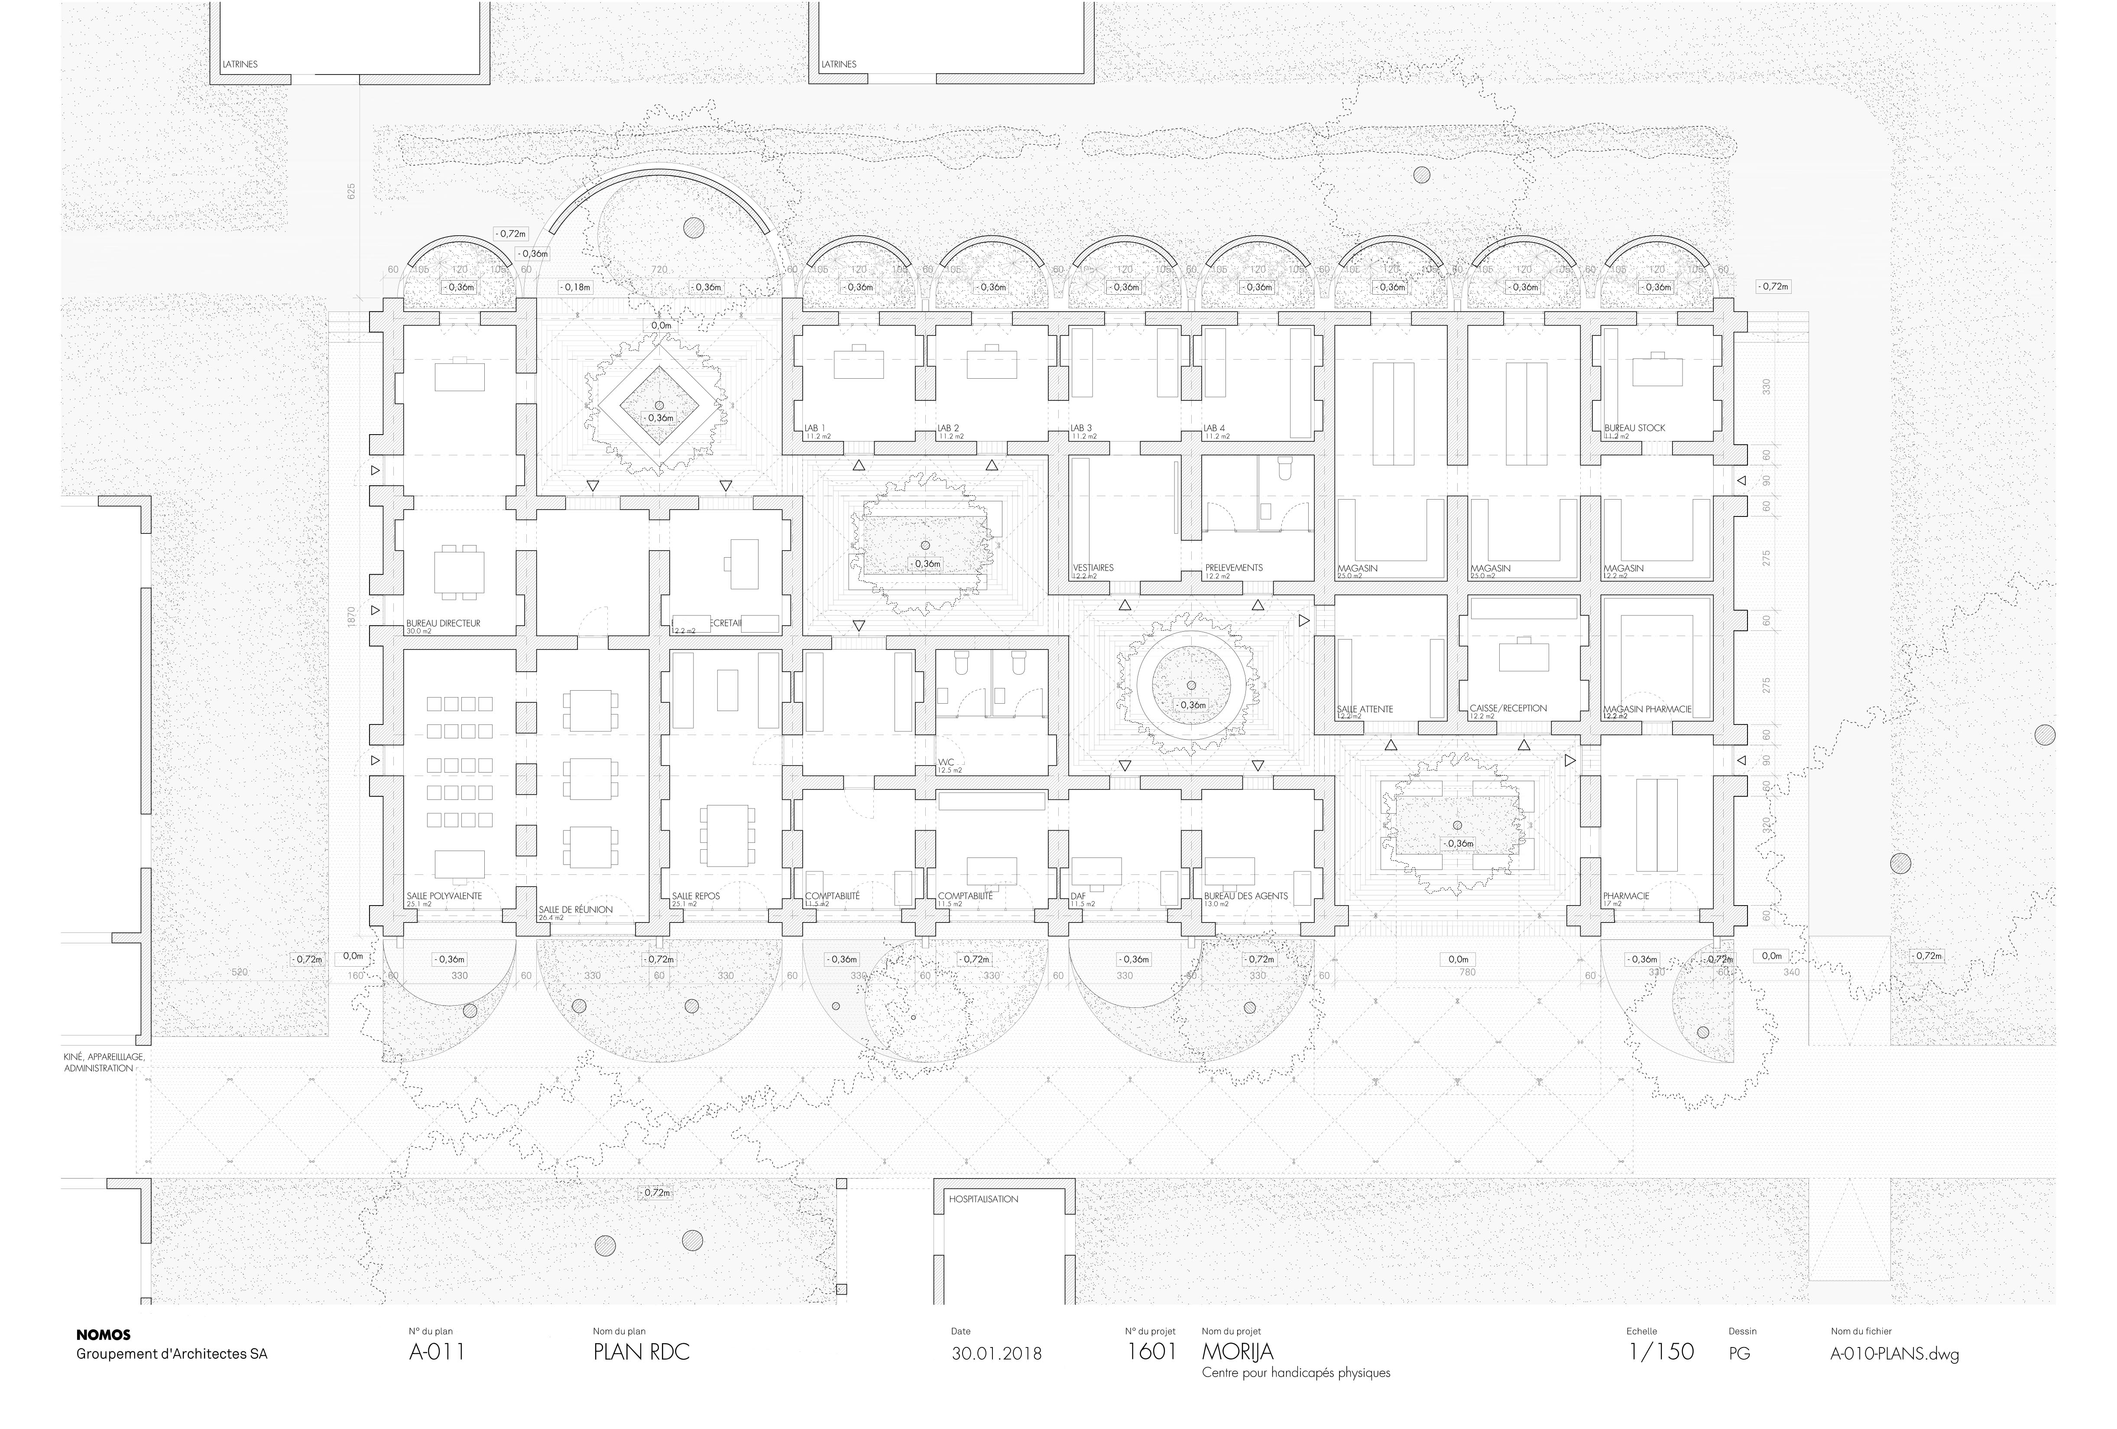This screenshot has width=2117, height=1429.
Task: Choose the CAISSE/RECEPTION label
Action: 1508,708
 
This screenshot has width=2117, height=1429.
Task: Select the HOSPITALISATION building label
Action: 984,1199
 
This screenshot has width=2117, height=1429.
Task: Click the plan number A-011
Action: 437,1351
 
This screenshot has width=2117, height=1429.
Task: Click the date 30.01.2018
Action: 997,1353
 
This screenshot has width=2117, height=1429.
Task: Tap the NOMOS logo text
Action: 103,1334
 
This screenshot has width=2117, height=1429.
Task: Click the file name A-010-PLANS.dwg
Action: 1895,1353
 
